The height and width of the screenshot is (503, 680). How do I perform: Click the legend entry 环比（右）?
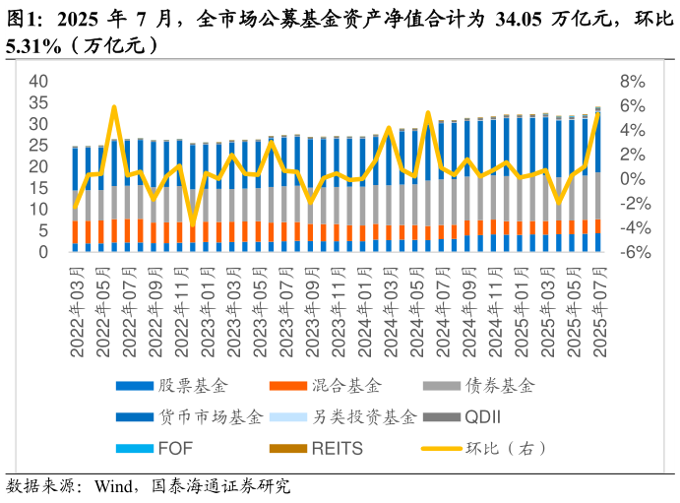505,448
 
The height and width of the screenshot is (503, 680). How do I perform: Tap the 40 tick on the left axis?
37,81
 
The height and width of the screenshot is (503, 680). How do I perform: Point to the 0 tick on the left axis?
44,252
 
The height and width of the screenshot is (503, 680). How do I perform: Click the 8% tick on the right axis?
631,81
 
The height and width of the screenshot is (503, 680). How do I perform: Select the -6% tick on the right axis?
629,252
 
